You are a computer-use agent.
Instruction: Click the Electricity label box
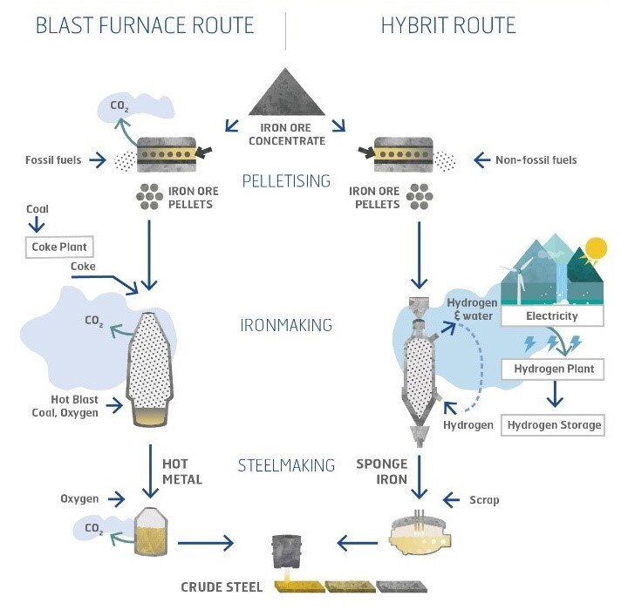551,315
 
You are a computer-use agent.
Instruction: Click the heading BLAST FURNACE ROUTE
145,25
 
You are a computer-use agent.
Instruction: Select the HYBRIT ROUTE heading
448,25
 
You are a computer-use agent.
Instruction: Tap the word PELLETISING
286,181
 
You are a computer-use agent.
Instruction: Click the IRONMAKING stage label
286,325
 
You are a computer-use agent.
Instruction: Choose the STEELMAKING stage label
286,465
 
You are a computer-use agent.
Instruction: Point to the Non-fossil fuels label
536,160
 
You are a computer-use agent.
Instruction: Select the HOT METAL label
182,472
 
